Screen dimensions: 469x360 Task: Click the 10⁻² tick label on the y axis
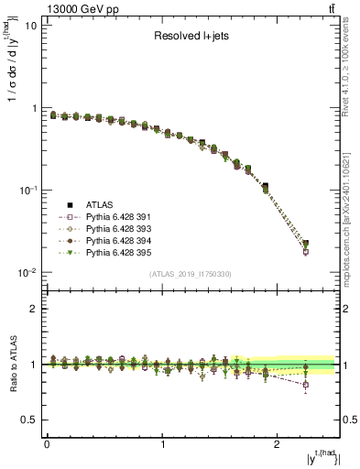(x=27, y=272)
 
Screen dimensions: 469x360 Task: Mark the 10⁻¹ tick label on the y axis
(x=27, y=190)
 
